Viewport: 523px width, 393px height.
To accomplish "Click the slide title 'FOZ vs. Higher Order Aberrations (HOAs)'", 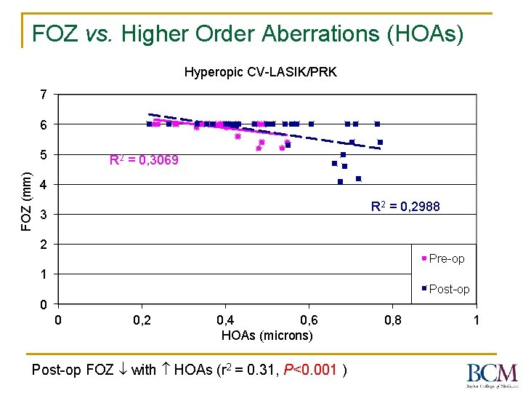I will pyautogui.click(x=248, y=33).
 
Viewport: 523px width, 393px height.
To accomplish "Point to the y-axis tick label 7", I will pyautogui.click(x=44, y=95).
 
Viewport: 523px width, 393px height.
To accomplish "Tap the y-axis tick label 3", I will pyautogui.click(x=44, y=215).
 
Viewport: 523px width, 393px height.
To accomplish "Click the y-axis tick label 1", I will pyautogui.click(x=44, y=274).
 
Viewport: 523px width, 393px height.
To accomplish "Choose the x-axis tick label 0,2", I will pyautogui.click(x=142, y=320).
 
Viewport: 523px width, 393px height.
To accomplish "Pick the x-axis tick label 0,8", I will pyautogui.click(x=392, y=320).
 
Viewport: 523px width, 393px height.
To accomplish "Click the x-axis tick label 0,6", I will pyautogui.click(x=309, y=320).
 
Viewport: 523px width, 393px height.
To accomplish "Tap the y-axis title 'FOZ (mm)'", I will pyautogui.click(x=25, y=200).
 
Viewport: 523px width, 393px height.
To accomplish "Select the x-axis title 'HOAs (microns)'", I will pyautogui.click(x=267, y=335).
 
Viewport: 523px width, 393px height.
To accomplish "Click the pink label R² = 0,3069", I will pyautogui.click(x=143, y=160).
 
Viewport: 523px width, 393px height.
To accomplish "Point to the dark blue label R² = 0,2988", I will pyautogui.click(x=405, y=207).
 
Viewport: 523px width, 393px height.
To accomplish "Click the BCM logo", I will pyautogui.click(x=492, y=374).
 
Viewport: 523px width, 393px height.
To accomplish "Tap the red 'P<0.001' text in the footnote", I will pyautogui.click(x=312, y=370).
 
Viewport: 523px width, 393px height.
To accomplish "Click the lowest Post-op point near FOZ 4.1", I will pyautogui.click(x=340, y=181).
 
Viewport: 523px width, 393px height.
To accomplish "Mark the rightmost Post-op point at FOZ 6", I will pyautogui.click(x=377, y=124).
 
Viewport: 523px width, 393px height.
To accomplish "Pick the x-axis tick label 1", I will pyautogui.click(x=476, y=320).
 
